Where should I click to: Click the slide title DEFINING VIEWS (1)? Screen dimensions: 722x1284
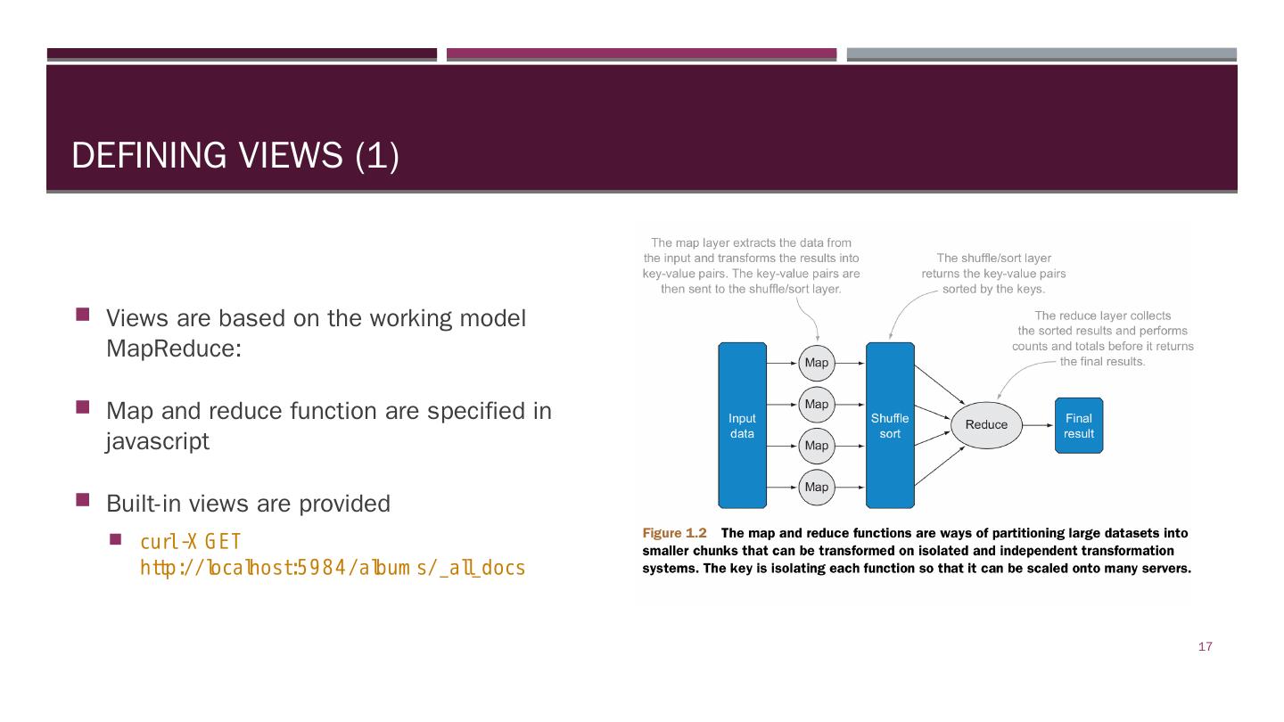point(235,156)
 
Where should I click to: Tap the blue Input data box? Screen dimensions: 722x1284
point(742,425)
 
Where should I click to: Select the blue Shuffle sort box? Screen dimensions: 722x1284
point(890,425)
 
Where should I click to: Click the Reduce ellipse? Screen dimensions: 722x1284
point(986,425)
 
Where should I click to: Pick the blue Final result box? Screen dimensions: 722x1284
point(1078,425)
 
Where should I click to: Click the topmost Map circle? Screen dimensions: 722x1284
point(816,363)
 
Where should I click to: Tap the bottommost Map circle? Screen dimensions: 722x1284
point(816,487)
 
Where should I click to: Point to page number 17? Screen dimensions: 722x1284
point(1205,647)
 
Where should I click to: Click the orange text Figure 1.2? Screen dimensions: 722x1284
point(674,533)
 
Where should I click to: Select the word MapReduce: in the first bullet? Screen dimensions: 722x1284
point(173,349)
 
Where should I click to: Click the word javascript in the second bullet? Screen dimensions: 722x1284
point(158,441)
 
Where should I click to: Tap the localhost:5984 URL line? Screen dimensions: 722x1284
point(333,568)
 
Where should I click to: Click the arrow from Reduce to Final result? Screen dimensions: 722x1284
point(1038,425)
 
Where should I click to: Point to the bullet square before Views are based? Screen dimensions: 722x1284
point(83,315)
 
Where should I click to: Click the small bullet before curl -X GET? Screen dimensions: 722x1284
point(115,539)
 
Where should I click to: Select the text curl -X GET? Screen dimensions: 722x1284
point(190,542)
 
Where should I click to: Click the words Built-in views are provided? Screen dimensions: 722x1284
point(248,504)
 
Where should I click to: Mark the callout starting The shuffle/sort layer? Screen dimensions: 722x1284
point(993,274)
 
